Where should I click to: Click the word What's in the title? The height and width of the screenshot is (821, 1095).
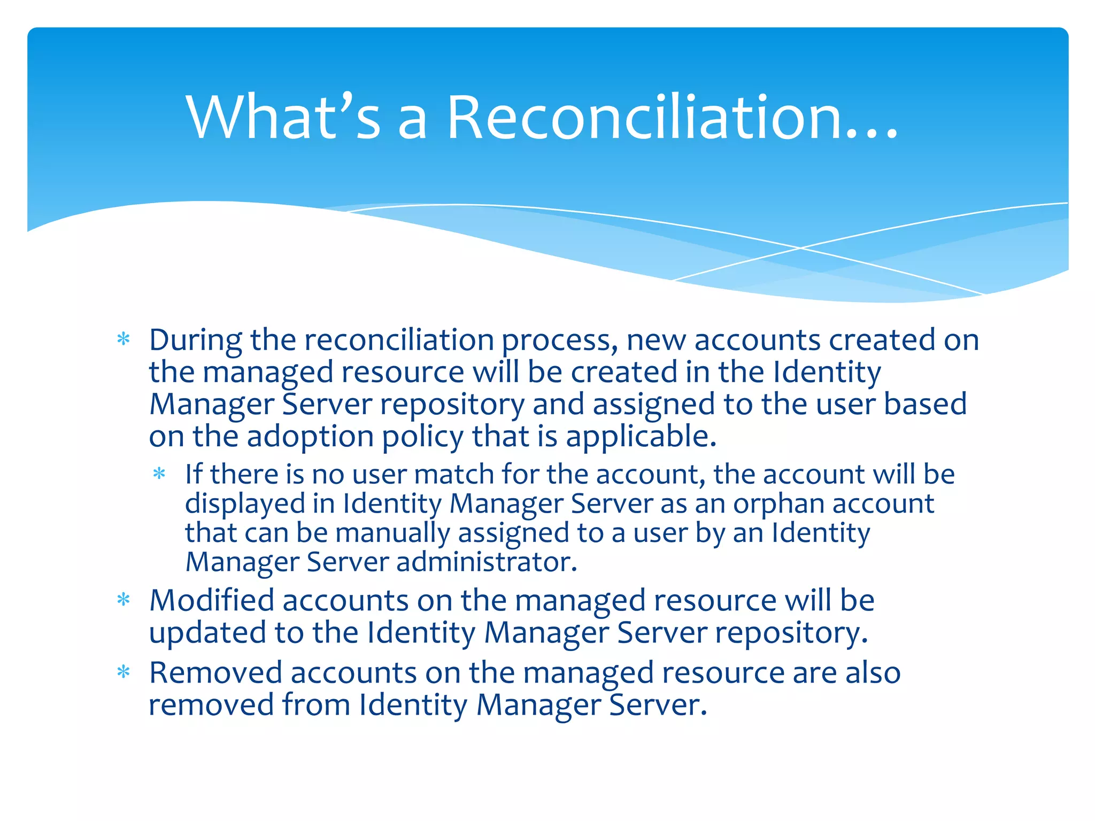pyautogui.click(x=283, y=117)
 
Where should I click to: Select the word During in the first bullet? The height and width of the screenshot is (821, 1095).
pyautogui.click(x=195, y=340)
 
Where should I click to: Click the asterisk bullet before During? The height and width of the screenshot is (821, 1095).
pyautogui.click(x=124, y=339)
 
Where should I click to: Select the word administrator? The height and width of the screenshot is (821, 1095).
pyautogui.click(x=487, y=562)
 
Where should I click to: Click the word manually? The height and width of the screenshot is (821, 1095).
pyautogui.click(x=392, y=533)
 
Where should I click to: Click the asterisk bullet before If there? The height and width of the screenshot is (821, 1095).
pyautogui.click(x=159, y=474)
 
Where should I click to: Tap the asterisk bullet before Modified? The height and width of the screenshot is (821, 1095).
pyautogui.click(x=124, y=600)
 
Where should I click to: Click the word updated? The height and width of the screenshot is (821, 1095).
pyautogui.click(x=207, y=633)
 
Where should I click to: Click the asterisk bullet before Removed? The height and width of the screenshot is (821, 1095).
pyautogui.click(x=124, y=672)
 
